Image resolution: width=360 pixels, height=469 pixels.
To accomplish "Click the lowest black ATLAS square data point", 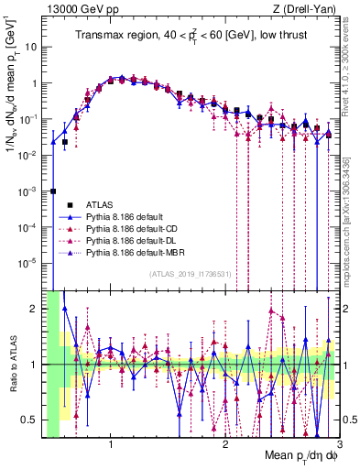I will point(54,191).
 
